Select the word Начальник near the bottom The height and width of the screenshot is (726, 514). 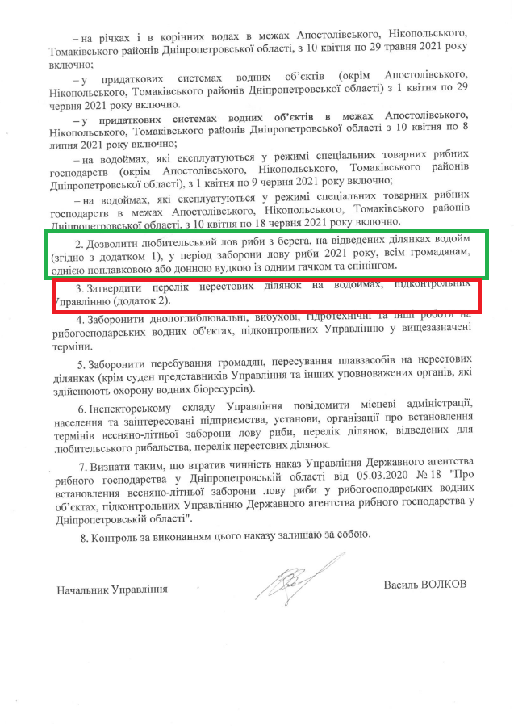(x=83, y=590)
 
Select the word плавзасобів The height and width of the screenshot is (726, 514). (x=352, y=358)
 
